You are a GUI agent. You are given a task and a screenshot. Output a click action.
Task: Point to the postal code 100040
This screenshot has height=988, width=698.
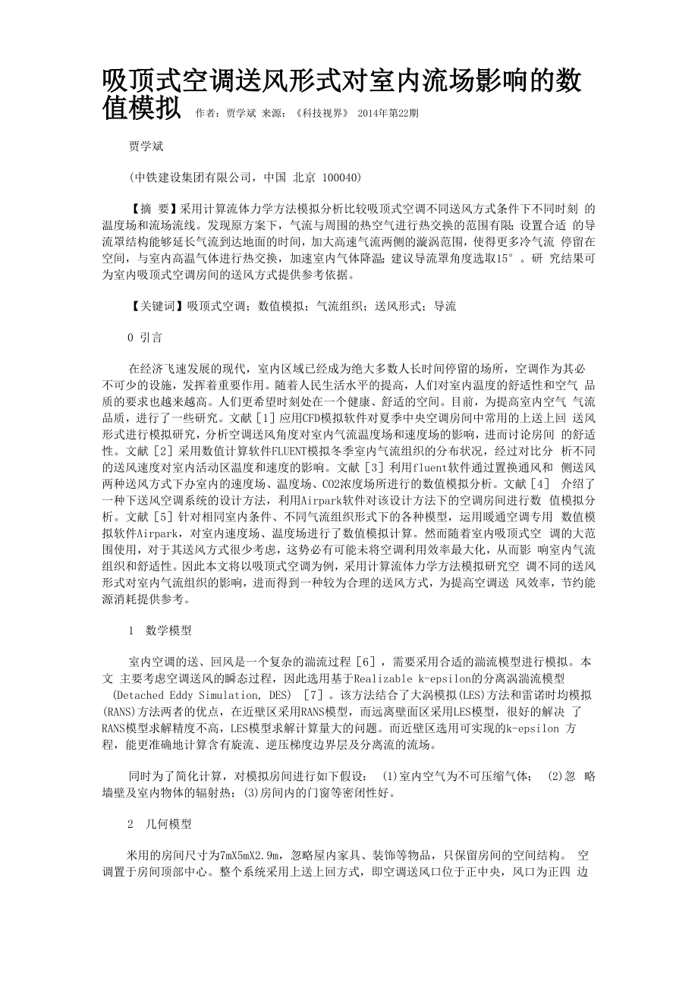tap(341, 177)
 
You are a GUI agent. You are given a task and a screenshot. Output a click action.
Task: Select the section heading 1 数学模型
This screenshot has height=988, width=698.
tap(159, 631)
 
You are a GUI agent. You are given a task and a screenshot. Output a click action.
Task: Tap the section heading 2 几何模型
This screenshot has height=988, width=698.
tap(159, 824)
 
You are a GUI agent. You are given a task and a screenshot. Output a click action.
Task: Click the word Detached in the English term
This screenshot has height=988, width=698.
tap(137, 695)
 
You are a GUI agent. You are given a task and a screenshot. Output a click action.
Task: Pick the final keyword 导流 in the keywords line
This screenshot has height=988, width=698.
tap(445, 306)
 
